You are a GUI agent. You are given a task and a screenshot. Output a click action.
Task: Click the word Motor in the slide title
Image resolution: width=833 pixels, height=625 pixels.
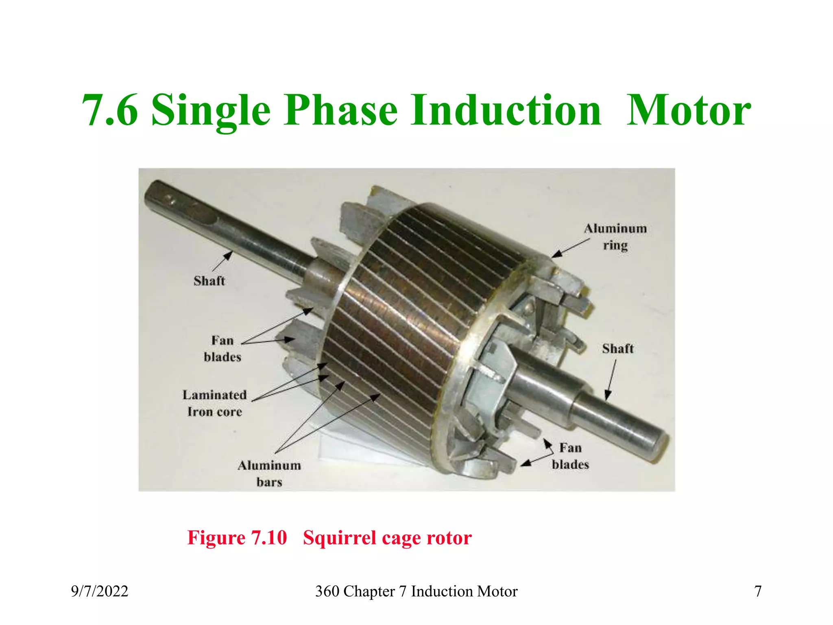coord(688,111)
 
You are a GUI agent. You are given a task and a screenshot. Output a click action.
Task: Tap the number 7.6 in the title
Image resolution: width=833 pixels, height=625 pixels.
coord(110,111)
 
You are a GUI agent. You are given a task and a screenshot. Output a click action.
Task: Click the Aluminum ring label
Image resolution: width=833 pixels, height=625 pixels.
coord(615,237)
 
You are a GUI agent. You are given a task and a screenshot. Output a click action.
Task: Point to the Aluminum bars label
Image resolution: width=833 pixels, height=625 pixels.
coord(269,474)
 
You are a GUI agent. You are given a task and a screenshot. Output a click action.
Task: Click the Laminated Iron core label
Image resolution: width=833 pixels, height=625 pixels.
coord(214,403)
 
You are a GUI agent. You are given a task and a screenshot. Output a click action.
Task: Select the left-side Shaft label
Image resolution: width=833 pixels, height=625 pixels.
coord(209,281)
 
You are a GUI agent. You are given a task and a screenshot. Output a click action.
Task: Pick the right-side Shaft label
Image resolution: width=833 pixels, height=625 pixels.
coord(617,349)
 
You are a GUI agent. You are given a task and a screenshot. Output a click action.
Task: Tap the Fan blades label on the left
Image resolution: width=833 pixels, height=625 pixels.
coord(222,349)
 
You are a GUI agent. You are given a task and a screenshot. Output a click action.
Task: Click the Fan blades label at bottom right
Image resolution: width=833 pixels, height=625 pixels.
coord(570,456)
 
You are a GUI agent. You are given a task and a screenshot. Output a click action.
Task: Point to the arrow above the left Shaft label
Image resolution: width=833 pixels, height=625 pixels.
coord(222,261)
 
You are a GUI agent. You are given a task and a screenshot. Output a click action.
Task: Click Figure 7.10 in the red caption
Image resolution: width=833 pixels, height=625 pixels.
coord(237,538)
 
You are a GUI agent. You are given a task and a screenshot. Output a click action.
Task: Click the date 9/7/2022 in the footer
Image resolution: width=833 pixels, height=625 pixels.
coord(100,591)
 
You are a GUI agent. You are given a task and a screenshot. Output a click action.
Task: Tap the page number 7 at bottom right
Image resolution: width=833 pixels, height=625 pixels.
coord(758,591)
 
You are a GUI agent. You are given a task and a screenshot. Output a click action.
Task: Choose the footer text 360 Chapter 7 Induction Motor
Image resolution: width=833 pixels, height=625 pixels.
coord(416,591)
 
